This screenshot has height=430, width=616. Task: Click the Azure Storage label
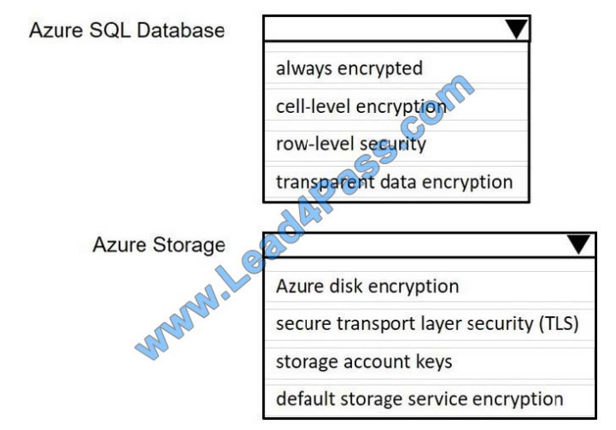pos(159,244)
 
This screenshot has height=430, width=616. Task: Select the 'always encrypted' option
pos(349,68)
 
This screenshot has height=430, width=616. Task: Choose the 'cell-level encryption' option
pos(361,106)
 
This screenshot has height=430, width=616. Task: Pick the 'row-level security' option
pos(350,144)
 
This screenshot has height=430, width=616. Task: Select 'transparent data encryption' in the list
pos(394,181)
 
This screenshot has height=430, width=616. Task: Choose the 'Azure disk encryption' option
pos(367,286)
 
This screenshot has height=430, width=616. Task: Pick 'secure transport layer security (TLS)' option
pos(427,324)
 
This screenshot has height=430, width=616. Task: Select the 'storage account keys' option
pos(364,362)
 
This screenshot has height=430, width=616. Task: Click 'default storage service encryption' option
pos(419,398)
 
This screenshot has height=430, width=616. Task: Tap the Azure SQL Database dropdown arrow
pos(516,30)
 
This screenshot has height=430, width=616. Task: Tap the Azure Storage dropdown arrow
pos(578,244)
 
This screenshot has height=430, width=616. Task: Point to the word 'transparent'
pos(317,181)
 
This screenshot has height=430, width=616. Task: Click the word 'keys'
pos(433,362)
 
